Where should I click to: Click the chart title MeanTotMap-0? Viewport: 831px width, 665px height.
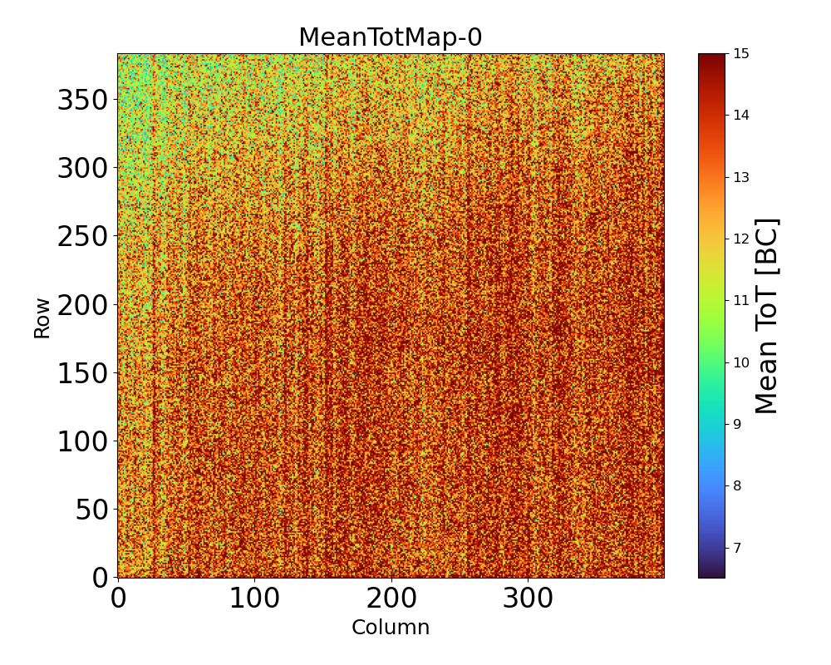391,38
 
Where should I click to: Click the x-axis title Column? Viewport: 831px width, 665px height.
391,628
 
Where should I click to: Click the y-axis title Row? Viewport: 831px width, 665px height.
42,318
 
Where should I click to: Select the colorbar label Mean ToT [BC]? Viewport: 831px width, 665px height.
767,316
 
